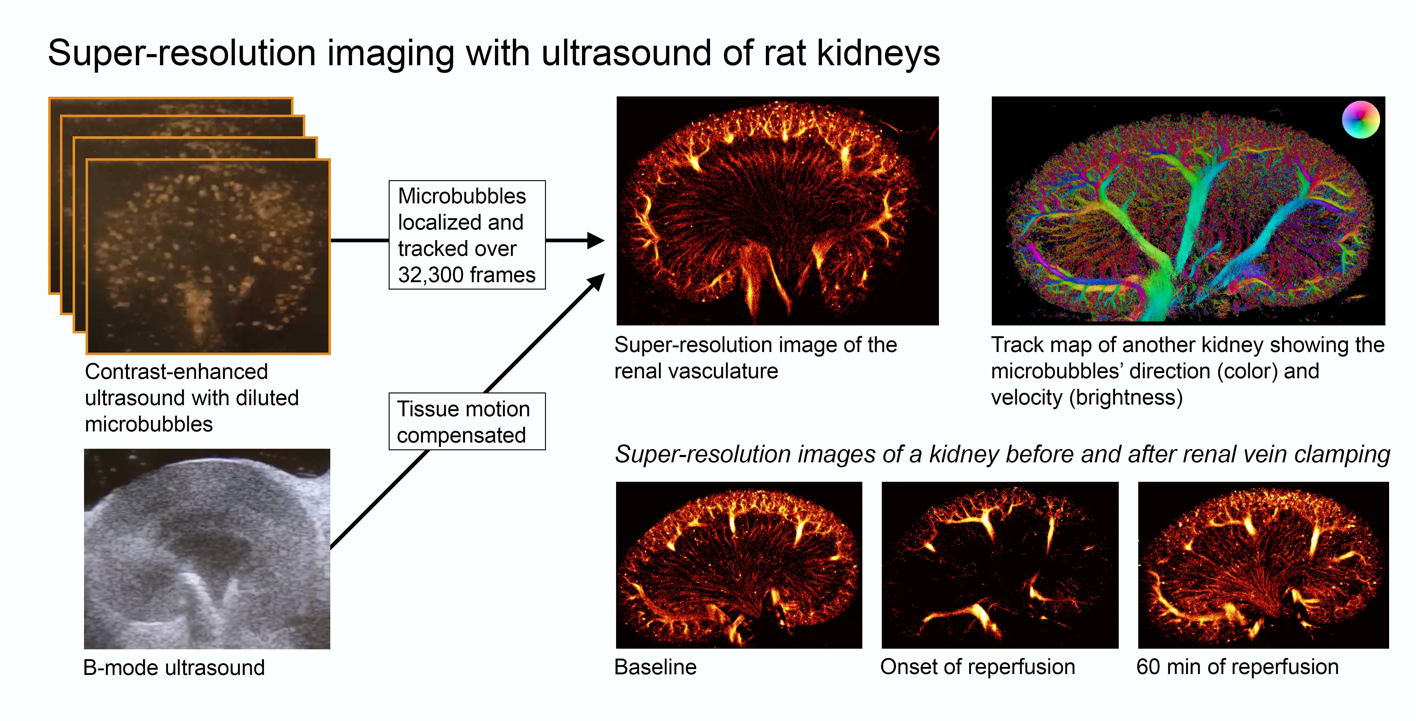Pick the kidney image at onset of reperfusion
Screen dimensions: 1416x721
(1000, 565)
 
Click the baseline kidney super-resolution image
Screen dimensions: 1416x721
(739, 565)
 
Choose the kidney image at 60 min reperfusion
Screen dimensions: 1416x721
(1263, 565)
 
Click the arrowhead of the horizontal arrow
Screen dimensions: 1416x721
(596, 240)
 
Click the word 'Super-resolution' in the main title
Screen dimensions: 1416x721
(181, 53)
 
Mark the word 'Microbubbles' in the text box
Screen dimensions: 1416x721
(462, 196)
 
